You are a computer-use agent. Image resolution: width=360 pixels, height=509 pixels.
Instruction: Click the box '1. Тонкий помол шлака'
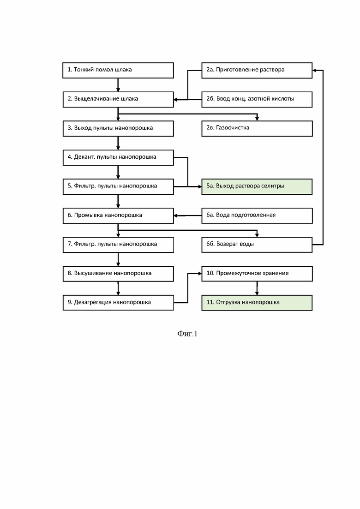coord(118,70)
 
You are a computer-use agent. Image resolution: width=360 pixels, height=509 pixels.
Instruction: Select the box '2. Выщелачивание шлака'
coord(118,99)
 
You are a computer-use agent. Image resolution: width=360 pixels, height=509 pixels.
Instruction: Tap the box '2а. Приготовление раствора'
coord(257,70)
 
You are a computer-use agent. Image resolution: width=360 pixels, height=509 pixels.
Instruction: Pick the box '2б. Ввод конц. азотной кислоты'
coord(257,99)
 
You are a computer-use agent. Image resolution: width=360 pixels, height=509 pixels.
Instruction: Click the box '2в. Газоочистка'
coord(257,128)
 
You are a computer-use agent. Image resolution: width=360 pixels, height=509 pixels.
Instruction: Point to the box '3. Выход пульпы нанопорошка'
coord(118,128)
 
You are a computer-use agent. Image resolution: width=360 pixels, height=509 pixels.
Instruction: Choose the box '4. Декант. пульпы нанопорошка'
coord(118,157)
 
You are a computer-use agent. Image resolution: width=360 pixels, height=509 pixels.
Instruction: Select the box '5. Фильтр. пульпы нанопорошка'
coord(118,186)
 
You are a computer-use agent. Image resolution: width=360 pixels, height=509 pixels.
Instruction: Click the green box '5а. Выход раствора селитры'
coord(257,186)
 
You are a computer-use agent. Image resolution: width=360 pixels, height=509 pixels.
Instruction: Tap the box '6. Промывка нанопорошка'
coord(118,216)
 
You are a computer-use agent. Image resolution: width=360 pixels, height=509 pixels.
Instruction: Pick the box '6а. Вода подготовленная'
coord(257,216)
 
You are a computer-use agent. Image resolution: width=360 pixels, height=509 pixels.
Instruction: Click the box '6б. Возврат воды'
coord(257,245)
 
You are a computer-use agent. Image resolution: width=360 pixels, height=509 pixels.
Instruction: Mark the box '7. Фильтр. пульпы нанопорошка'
coord(118,245)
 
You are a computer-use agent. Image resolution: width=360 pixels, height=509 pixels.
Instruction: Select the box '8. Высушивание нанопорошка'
coord(118,274)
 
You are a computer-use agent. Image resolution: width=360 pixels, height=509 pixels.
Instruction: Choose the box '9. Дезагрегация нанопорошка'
coord(118,303)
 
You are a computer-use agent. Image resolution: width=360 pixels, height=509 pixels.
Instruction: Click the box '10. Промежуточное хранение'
coord(257,274)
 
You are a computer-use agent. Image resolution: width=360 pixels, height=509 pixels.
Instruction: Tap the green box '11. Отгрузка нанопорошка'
coord(257,303)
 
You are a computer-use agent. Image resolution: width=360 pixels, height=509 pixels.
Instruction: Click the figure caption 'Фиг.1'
coord(187,334)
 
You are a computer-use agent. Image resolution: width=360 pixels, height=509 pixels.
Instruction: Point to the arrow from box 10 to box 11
coord(257,288)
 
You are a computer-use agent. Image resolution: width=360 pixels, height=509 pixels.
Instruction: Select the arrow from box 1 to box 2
coord(118,85)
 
